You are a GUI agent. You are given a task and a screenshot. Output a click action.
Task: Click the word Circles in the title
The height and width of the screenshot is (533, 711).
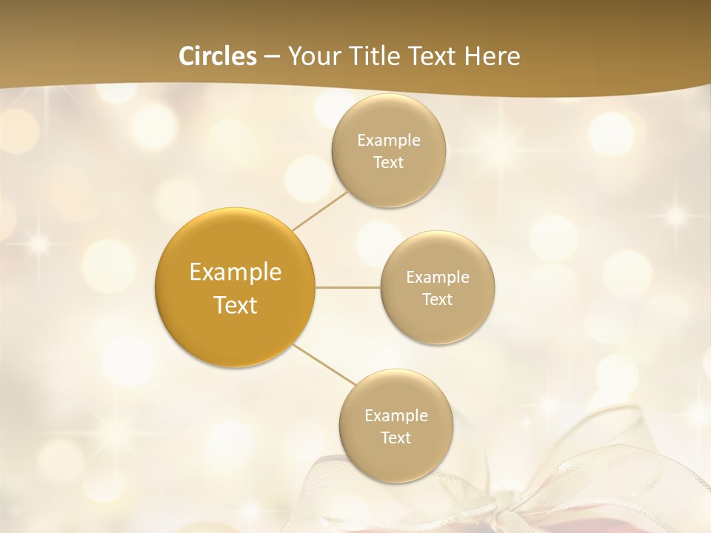[x=218, y=56]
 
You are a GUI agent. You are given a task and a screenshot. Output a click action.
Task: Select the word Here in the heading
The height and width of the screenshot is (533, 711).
[x=493, y=56]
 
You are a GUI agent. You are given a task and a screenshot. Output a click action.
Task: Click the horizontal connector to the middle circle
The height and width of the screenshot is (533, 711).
[x=348, y=287]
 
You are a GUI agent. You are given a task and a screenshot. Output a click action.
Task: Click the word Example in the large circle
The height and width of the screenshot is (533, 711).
[x=236, y=272]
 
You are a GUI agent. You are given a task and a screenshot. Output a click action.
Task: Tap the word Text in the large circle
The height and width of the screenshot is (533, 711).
[x=236, y=305]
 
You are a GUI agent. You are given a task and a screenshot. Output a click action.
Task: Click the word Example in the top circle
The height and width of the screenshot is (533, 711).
[x=389, y=141]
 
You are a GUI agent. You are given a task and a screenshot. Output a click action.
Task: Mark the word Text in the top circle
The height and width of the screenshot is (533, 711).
[x=388, y=163]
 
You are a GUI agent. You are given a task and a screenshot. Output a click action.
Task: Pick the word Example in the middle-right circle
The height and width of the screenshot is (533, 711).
[x=438, y=278]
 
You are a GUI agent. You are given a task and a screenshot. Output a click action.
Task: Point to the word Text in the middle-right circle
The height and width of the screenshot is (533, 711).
[x=437, y=300]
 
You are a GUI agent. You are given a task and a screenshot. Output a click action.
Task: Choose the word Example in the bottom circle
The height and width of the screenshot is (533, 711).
[x=396, y=416]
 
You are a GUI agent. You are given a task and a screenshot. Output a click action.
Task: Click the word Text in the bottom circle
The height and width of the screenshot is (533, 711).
[x=395, y=438]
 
